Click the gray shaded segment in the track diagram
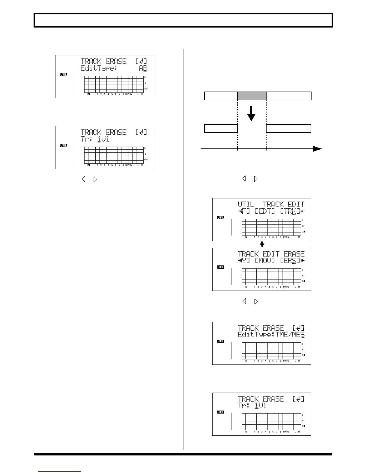[x=252, y=96]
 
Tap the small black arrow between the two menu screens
[x=262, y=244]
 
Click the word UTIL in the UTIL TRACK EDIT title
[x=246, y=205]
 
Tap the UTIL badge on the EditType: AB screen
[x=64, y=75]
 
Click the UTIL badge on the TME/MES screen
[x=221, y=341]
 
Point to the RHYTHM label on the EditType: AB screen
[x=129, y=94]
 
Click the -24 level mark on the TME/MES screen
[x=303, y=355]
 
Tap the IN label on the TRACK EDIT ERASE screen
[x=246, y=287]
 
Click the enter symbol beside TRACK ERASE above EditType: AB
[x=141, y=62]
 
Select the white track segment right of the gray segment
[x=288, y=96]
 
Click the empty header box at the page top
[x=183, y=20]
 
